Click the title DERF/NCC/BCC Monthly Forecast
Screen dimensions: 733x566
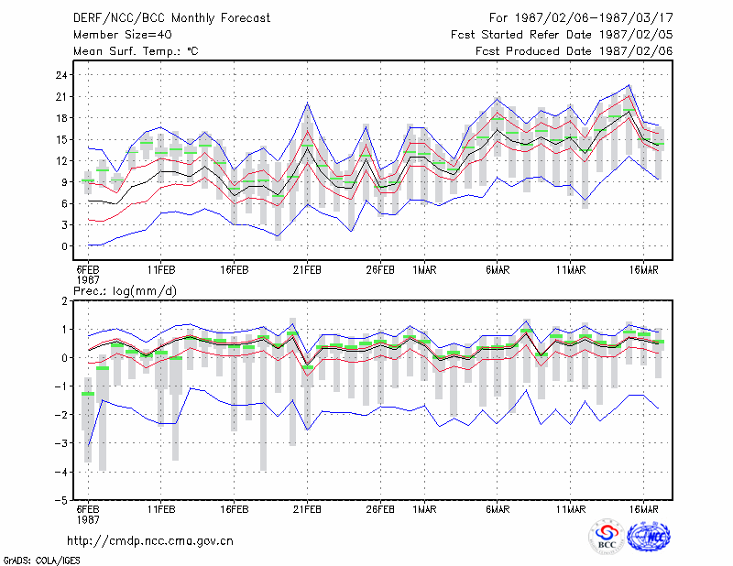click(171, 18)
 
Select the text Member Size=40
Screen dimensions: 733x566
click(123, 35)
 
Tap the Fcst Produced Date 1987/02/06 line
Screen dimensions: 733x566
click(574, 51)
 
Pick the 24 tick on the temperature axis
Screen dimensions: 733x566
click(61, 75)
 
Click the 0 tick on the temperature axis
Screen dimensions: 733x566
click(64, 246)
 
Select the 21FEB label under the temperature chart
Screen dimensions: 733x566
click(307, 270)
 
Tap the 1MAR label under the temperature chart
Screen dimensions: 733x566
click(424, 270)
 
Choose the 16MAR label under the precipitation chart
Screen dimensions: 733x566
click(644, 509)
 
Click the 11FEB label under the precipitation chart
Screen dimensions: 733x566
click(161, 509)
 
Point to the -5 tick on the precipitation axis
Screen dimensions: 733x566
click(60, 501)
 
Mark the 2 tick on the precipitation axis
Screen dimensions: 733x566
click(64, 301)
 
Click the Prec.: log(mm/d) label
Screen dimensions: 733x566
click(125, 291)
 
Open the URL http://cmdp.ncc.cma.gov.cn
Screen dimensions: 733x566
click(150, 541)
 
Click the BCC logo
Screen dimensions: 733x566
click(607, 537)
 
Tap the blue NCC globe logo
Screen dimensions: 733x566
click(649, 537)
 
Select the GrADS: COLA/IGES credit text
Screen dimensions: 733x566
click(41, 561)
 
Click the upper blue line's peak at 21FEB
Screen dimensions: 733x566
click(307, 103)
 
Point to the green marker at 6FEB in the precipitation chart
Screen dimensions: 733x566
click(88, 394)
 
